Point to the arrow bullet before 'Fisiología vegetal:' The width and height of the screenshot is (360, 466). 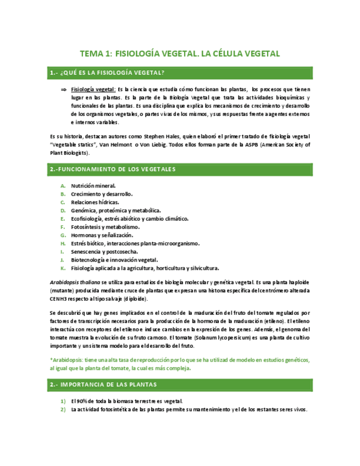[x=64, y=89]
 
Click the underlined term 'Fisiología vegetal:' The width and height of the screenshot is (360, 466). [x=93, y=89]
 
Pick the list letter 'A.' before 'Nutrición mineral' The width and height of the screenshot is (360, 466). [x=63, y=186]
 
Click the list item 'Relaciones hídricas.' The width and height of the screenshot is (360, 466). [x=95, y=202]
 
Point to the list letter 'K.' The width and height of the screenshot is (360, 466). [x=63, y=268]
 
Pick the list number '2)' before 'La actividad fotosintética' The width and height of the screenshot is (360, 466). [x=63, y=409]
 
